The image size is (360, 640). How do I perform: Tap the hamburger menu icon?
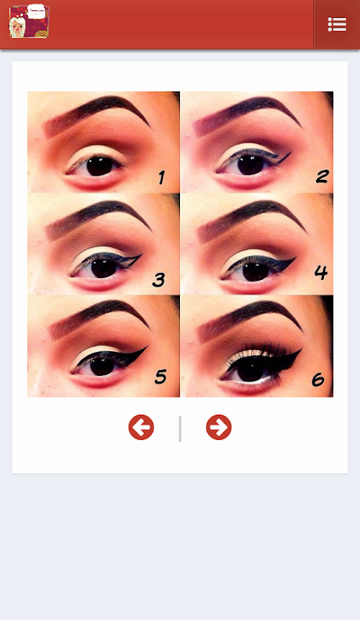(337, 24)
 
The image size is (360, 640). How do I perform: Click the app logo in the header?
(29, 22)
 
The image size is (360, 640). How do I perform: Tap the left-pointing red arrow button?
(141, 428)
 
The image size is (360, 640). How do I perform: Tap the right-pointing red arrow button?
(219, 428)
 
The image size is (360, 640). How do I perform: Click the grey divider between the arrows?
(180, 428)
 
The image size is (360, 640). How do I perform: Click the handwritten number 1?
(162, 178)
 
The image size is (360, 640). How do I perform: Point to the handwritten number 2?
(323, 176)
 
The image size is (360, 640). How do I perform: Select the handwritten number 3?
(158, 279)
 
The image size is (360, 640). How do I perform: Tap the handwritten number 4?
(321, 272)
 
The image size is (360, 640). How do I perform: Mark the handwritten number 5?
(161, 377)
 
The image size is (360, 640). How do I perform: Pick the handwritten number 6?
(318, 379)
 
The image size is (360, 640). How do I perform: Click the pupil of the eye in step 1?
(99, 166)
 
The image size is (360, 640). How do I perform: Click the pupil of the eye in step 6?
(250, 369)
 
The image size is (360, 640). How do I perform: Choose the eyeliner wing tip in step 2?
(290, 153)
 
